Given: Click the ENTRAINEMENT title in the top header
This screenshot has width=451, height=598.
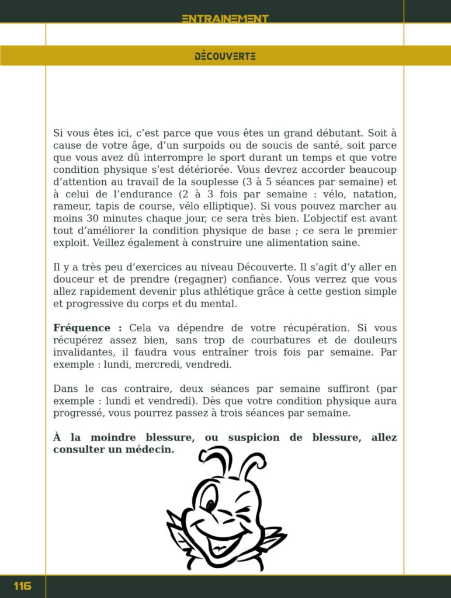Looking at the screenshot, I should pos(225,19).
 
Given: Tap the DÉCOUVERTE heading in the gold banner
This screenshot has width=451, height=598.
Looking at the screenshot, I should pos(225,56).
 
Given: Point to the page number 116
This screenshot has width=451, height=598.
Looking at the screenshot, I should pos(22,586).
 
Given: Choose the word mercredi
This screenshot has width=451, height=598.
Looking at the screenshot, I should pos(157,364).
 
